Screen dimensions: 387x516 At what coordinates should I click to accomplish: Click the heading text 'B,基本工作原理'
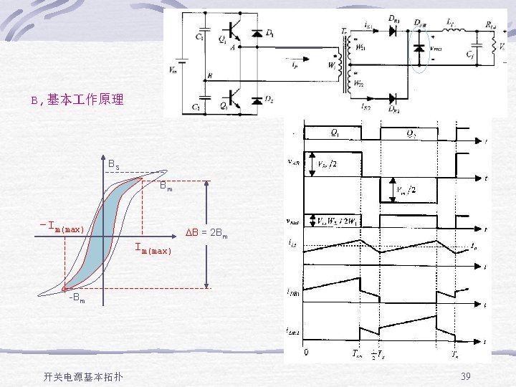pyautogui.click(x=77, y=100)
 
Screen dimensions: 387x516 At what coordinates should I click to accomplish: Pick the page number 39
pyautogui.click(x=465, y=376)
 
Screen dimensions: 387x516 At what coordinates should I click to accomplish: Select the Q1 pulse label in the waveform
pyautogui.click(x=335, y=133)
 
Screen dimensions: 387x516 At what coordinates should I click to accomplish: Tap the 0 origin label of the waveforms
pyautogui.click(x=307, y=353)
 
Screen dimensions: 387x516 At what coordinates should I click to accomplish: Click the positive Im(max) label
pyautogui.click(x=153, y=250)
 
